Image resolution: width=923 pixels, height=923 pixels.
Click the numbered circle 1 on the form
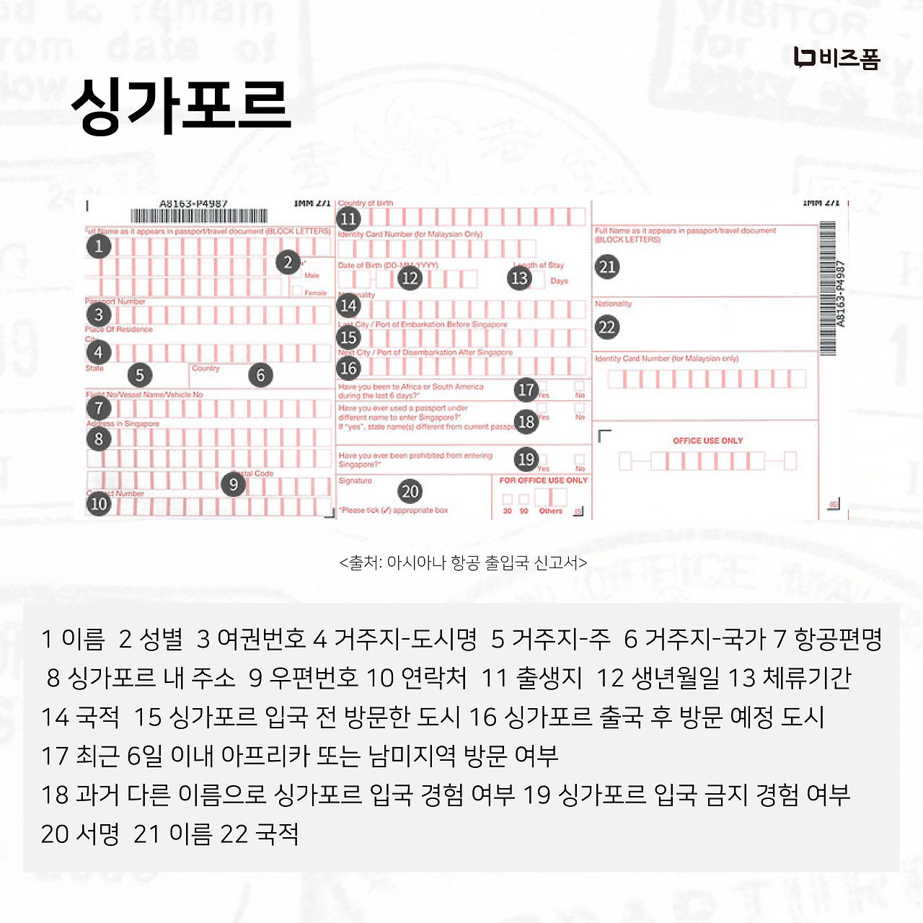click(x=99, y=247)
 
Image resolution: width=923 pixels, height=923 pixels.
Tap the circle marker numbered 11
click(x=348, y=218)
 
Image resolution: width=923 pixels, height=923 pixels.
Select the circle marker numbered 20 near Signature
click(x=410, y=492)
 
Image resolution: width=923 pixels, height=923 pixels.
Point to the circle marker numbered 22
click(x=607, y=327)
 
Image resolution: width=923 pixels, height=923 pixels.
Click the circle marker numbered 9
click(x=234, y=485)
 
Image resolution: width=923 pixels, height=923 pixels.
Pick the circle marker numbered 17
click(x=526, y=390)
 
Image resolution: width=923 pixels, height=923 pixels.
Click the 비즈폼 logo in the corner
click(x=836, y=58)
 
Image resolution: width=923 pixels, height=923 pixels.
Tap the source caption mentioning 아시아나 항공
click(x=462, y=562)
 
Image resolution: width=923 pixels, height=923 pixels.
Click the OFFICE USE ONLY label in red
click(x=707, y=441)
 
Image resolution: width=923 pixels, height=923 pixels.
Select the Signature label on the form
click(x=355, y=481)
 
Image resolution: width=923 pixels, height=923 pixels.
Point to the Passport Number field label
click(x=115, y=301)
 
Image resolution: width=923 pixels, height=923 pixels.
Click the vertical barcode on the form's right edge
click(x=827, y=288)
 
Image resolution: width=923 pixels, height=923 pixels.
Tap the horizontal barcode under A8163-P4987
click(x=199, y=216)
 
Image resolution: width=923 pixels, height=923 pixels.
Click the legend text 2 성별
click(x=151, y=639)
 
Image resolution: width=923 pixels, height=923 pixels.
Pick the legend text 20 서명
click(x=80, y=834)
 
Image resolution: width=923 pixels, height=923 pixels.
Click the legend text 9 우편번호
click(x=303, y=678)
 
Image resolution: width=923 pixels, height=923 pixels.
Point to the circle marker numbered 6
click(x=260, y=375)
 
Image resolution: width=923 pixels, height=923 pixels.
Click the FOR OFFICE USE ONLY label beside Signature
click(x=543, y=480)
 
